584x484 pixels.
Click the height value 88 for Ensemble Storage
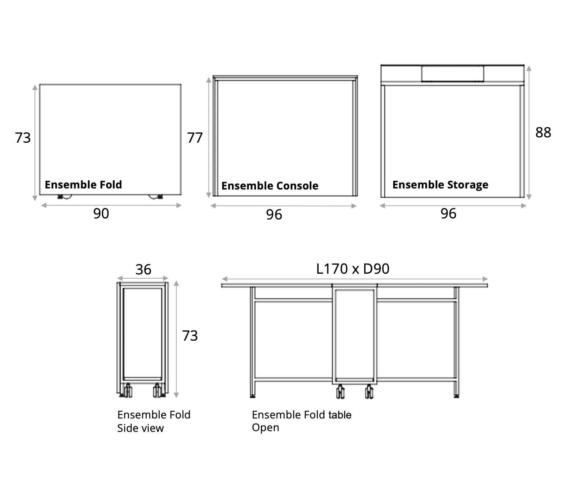(x=543, y=132)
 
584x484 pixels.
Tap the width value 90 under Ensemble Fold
(x=101, y=213)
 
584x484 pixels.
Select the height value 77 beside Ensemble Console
(x=195, y=138)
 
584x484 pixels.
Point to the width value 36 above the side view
(x=144, y=269)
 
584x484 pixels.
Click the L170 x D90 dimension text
(x=353, y=269)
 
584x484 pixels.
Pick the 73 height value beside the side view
(x=190, y=336)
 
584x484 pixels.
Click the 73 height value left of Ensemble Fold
(x=23, y=138)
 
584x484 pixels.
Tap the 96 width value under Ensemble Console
(x=274, y=215)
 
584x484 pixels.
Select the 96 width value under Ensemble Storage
(x=449, y=213)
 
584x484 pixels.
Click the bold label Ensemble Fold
(x=83, y=185)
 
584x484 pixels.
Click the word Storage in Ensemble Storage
(x=468, y=185)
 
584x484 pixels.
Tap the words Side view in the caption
(x=140, y=428)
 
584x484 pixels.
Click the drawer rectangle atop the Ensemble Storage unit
(x=452, y=74)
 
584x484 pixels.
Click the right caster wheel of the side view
(x=157, y=390)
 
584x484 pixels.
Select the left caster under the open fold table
(x=340, y=391)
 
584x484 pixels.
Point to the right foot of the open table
(x=456, y=396)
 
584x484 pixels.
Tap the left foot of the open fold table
(x=253, y=396)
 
